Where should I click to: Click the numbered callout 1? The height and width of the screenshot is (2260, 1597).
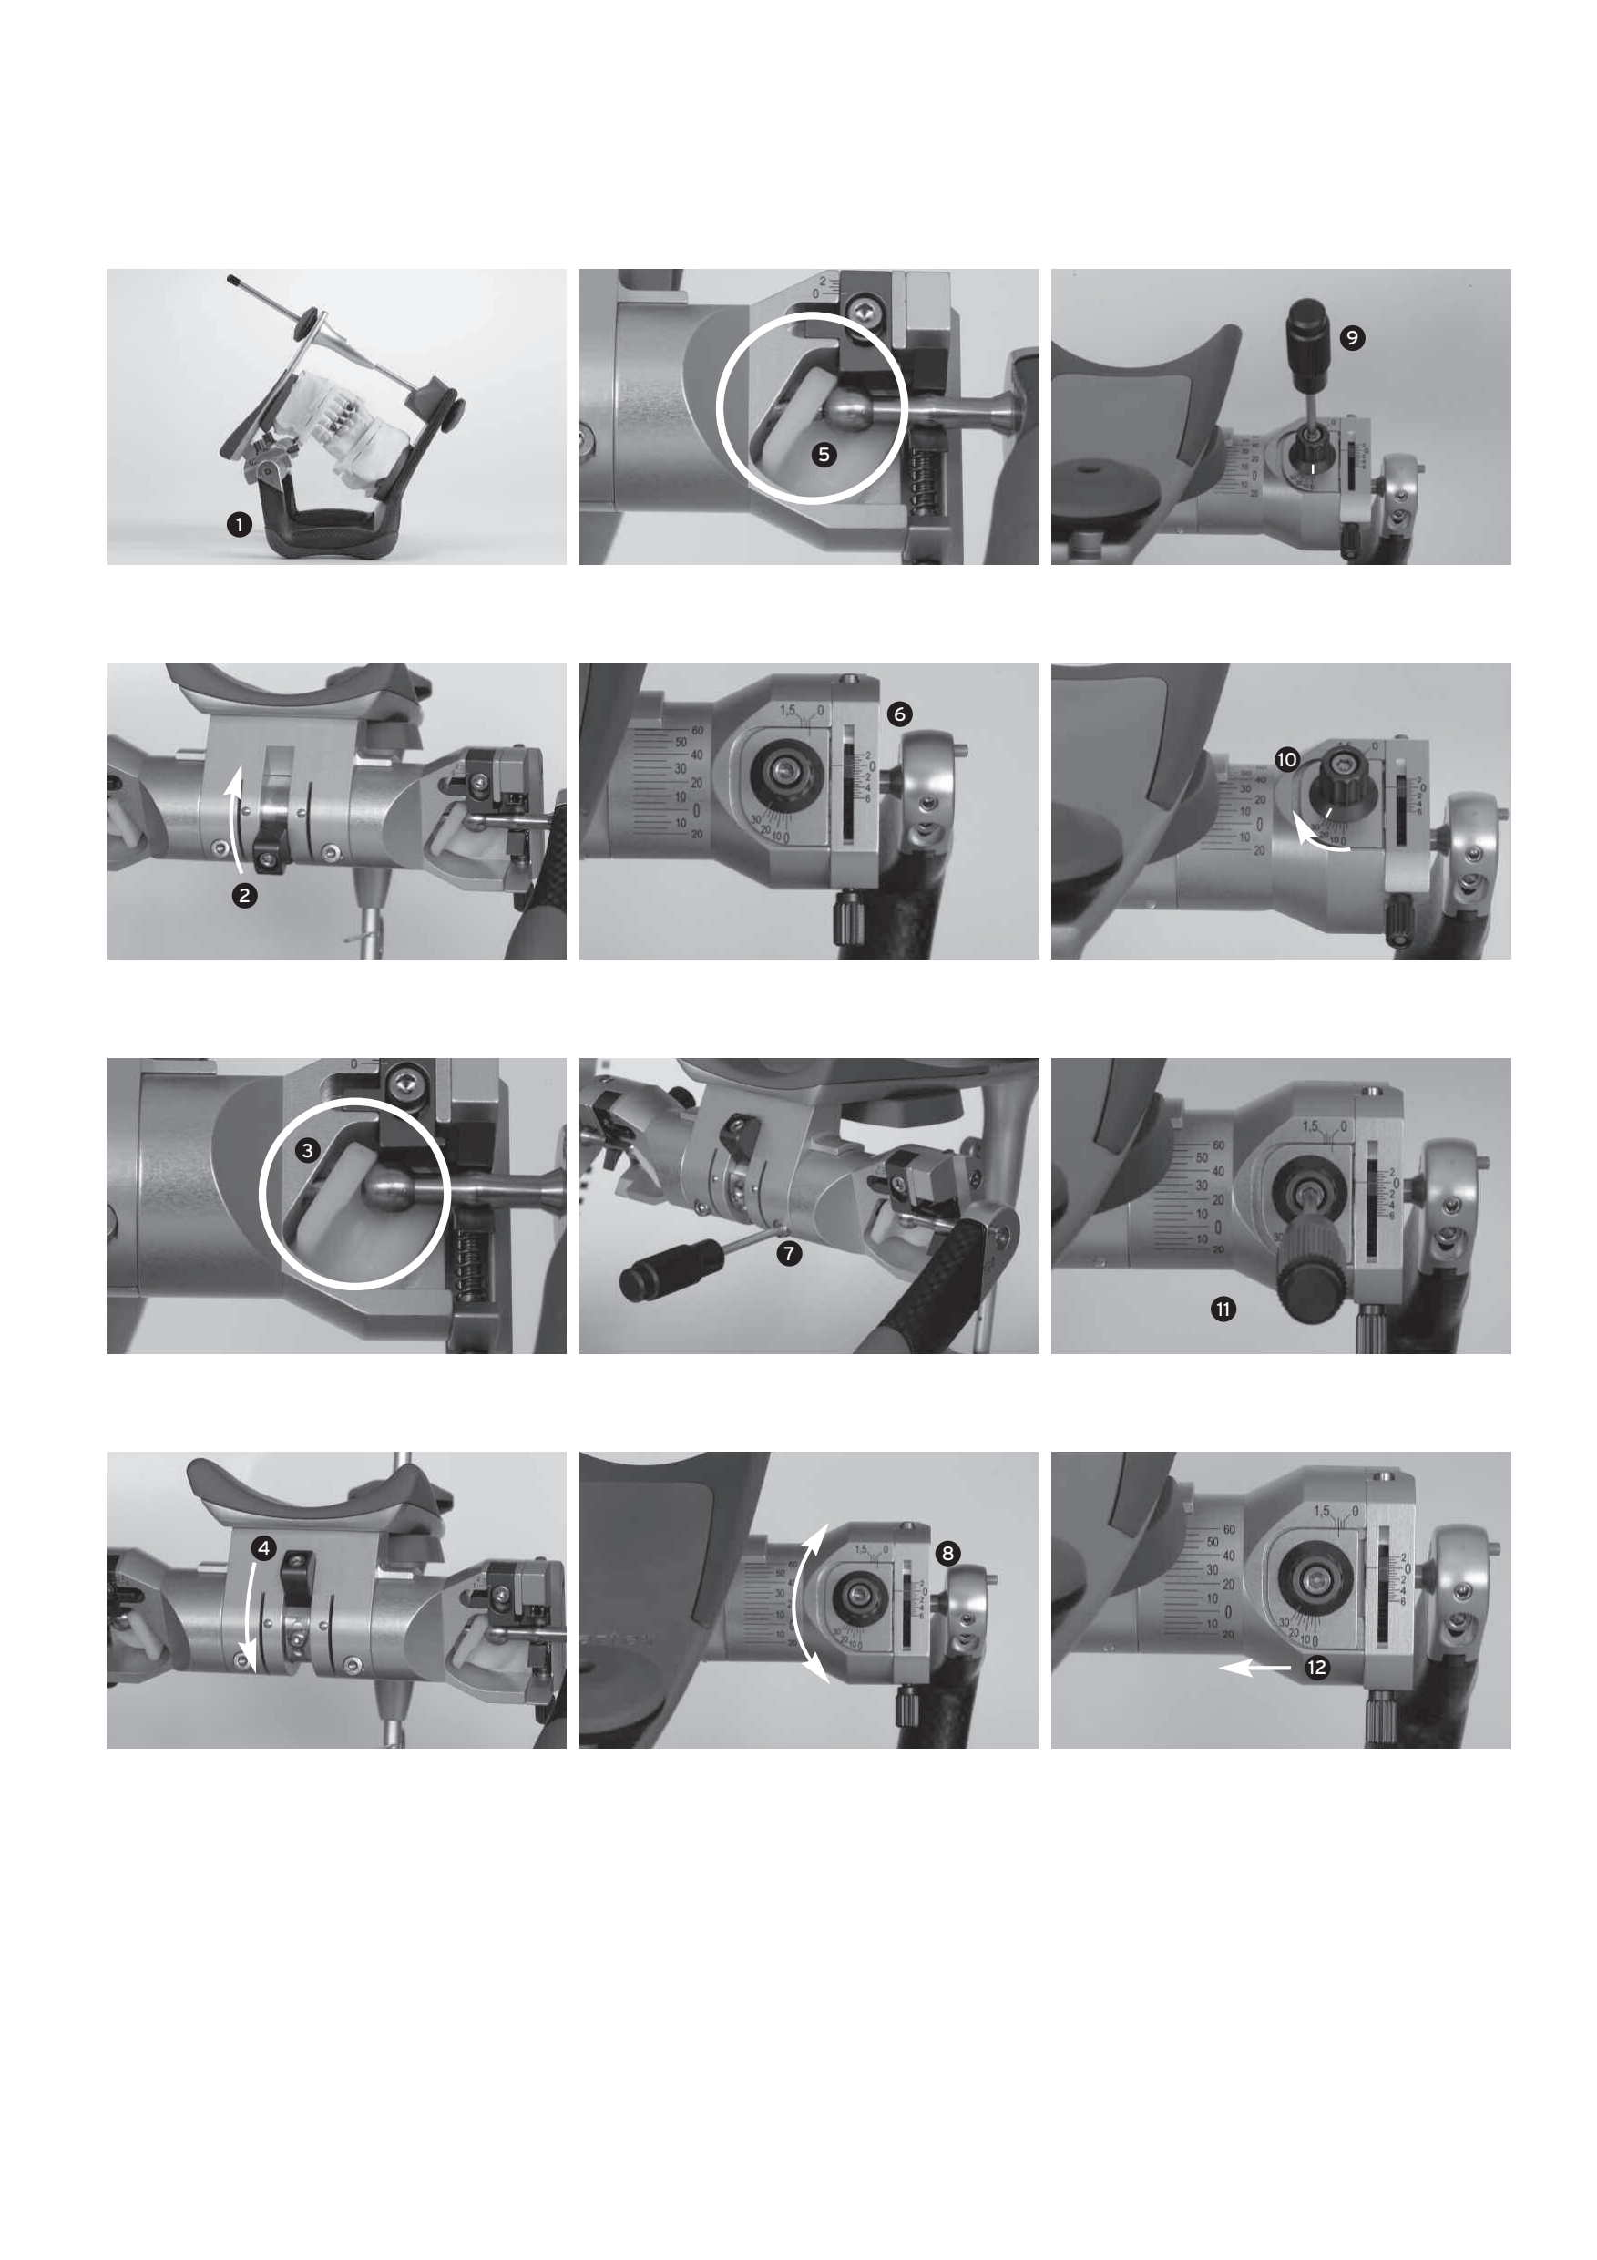point(238,525)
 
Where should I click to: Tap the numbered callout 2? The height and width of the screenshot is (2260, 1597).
point(244,896)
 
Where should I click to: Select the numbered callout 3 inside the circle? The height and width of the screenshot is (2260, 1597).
point(308,1150)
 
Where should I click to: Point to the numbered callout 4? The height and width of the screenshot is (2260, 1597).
point(262,1548)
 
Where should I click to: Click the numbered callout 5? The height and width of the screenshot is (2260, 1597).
point(824,455)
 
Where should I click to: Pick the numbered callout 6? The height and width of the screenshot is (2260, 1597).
point(898,714)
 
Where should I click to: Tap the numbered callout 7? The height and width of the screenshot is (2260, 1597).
point(788,1253)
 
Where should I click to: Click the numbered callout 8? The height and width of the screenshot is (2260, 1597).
point(947,1553)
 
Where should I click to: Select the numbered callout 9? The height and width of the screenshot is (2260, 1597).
point(1352,337)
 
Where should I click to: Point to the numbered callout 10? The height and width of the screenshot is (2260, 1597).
point(1286,759)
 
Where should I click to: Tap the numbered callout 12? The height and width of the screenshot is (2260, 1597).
point(1315,1668)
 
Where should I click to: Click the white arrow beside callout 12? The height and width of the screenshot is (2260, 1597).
point(1254,1668)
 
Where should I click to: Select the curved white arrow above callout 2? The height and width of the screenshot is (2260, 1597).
point(234,817)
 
